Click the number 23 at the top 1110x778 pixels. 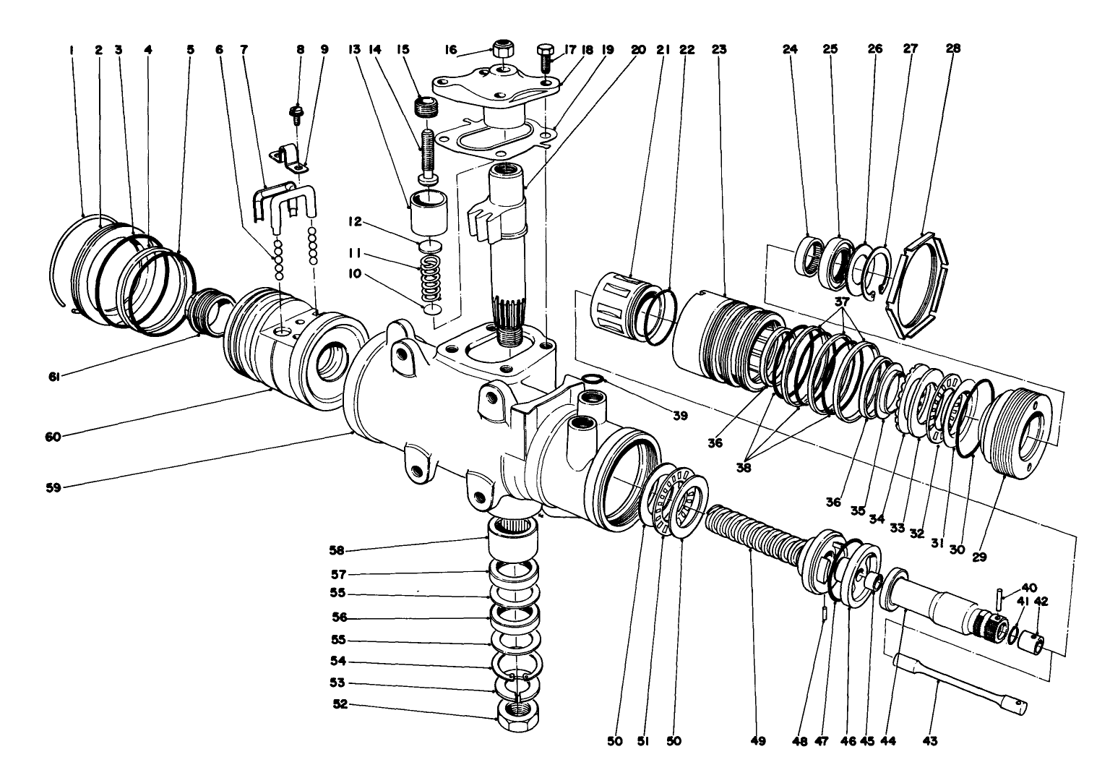click(x=718, y=50)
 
